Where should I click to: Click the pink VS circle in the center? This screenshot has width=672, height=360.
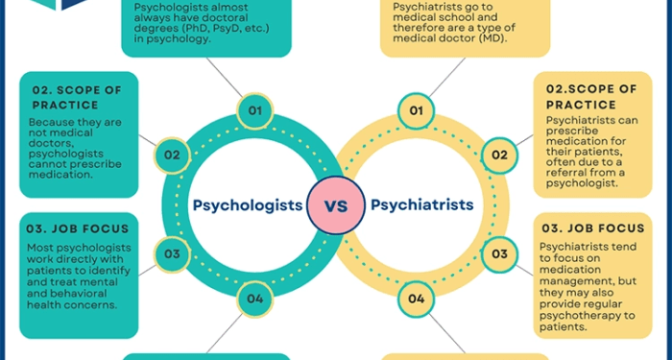pos(335,205)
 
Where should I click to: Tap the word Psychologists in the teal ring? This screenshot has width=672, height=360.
pos(248,204)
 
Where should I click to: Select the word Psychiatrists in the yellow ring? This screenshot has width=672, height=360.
pos(421,204)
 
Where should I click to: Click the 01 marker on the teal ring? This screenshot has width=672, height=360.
pos(255,111)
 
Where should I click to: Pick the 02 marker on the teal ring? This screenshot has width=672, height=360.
pos(171,155)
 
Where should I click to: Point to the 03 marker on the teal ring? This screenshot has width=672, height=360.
pos(171,253)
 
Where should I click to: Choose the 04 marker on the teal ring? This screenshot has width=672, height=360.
pos(255,299)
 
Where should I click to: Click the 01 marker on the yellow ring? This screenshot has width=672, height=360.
pos(416,111)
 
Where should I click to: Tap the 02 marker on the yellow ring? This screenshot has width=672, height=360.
pos(499,155)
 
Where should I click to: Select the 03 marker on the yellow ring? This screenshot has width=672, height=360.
pos(499,253)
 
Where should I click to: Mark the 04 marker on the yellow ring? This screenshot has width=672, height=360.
pos(416,299)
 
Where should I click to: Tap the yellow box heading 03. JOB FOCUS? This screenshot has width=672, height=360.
pos(592,228)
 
